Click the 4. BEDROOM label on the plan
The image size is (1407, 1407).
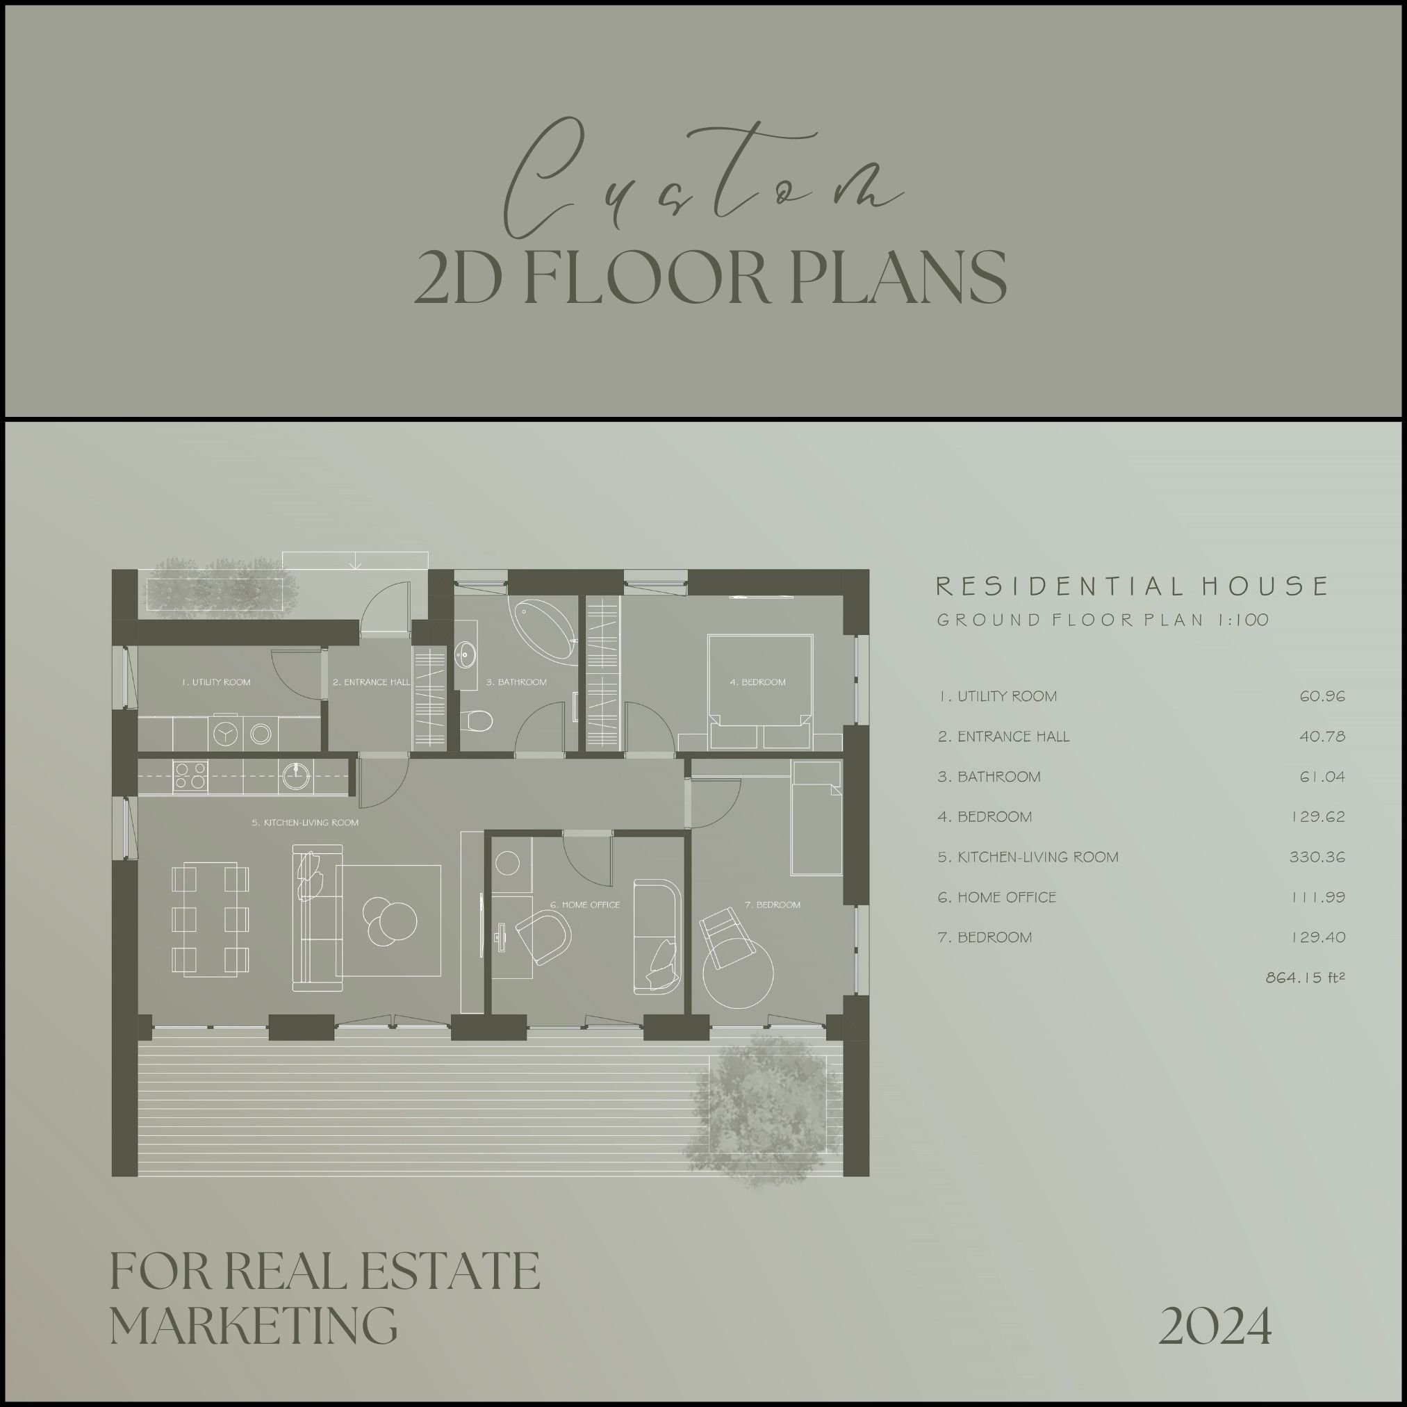(x=757, y=682)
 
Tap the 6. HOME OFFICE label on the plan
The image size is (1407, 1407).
(x=585, y=905)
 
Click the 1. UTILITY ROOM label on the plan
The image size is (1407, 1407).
(x=216, y=682)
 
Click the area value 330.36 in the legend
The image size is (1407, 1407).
(x=1317, y=857)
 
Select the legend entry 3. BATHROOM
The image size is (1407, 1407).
(x=989, y=777)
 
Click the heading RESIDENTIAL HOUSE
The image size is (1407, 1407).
(x=1132, y=586)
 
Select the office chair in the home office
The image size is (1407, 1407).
(x=544, y=937)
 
